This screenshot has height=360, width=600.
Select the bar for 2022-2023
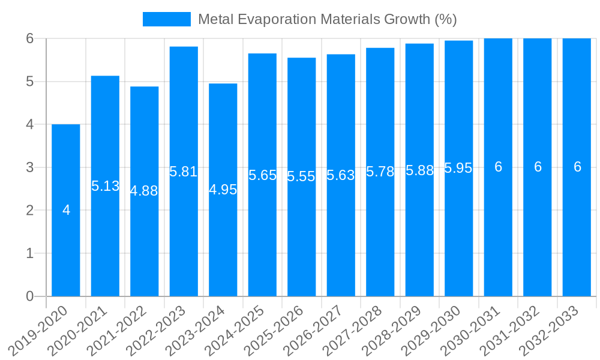184,240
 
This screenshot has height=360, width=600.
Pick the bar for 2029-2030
459,240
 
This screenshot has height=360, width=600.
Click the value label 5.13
106,186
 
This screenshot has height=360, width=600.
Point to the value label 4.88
144,191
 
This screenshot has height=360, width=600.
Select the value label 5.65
262,175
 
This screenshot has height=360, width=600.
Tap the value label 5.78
380,172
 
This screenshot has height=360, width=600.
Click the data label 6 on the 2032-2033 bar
577,167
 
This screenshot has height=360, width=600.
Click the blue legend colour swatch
166,19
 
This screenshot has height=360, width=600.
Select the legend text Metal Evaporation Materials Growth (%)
327,19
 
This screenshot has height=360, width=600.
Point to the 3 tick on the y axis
29,167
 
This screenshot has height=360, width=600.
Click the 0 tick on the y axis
29,296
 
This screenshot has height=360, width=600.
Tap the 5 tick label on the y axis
29,82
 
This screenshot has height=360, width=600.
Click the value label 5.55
301,176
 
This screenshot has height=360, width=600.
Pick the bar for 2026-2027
341,240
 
